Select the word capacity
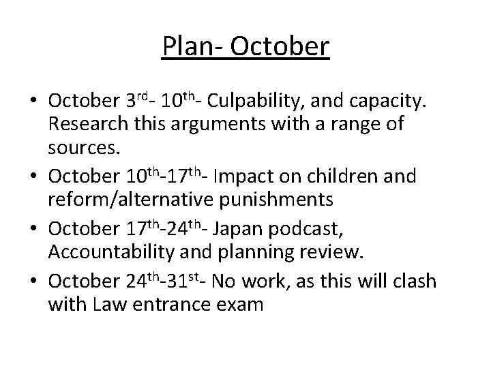[x=391, y=102]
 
